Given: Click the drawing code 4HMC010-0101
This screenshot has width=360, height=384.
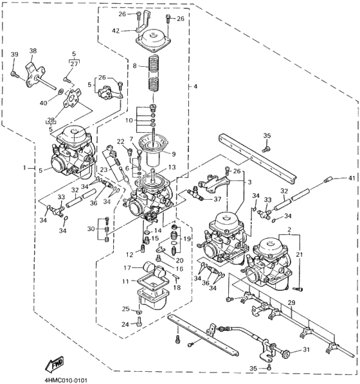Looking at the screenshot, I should pyautogui.click(x=66, y=379).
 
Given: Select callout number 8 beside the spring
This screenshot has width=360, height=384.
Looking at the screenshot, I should pyautogui.click(x=134, y=66).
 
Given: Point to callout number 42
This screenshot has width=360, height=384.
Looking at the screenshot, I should pyautogui.click(x=115, y=30).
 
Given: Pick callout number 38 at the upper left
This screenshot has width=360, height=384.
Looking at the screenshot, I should pyautogui.click(x=33, y=51).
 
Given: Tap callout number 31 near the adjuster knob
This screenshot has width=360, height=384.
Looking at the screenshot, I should pyautogui.click(x=306, y=349).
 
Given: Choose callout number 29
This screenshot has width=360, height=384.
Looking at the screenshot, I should pyautogui.click(x=291, y=302).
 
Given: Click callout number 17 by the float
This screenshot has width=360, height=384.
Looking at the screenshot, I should pyautogui.click(x=127, y=267).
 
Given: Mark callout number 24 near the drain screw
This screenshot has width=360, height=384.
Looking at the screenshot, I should pyautogui.click(x=126, y=324).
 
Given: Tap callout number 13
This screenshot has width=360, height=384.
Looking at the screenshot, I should pyautogui.click(x=170, y=167).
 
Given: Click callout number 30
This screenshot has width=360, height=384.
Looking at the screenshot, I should pyautogui.click(x=92, y=229).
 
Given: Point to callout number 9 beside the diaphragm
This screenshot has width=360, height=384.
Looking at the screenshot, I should pyautogui.click(x=172, y=153).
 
